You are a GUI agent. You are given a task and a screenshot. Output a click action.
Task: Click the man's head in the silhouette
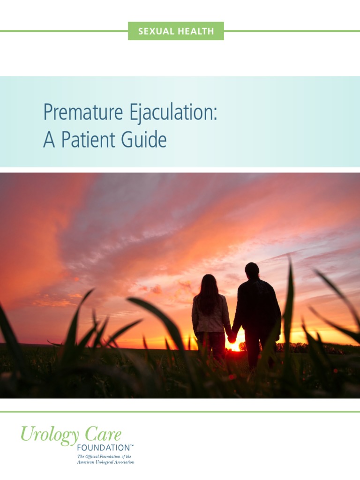pos(252,270)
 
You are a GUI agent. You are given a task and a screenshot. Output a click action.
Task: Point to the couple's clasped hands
pos(232,337)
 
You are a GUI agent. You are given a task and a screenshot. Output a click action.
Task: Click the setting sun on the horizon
pos(235,347)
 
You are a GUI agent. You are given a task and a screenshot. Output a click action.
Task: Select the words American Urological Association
pos(105,462)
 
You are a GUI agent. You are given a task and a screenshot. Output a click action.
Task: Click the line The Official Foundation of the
pos(104,456)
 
